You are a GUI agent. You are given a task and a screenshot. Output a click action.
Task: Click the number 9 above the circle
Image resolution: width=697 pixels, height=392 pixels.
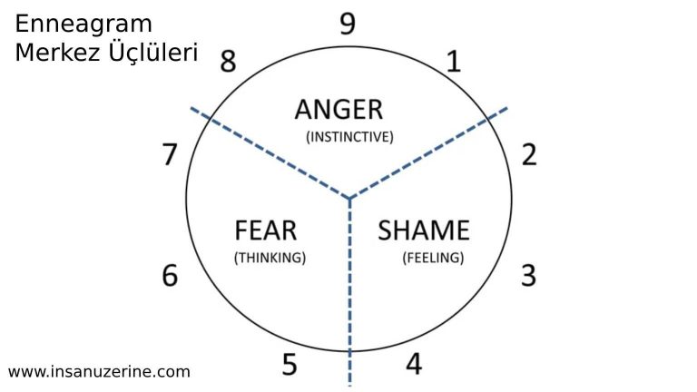pyautogui.click(x=348, y=24)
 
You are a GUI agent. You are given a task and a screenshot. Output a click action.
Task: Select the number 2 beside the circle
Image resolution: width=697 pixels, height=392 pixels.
pyautogui.click(x=529, y=154)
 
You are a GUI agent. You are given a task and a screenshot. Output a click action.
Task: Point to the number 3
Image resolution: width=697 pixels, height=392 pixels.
pyautogui.click(x=528, y=275)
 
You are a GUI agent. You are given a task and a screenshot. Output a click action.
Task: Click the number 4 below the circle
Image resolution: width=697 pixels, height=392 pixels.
pyautogui.click(x=414, y=364)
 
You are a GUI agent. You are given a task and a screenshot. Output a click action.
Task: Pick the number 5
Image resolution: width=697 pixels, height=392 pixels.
pyautogui.click(x=289, y=365)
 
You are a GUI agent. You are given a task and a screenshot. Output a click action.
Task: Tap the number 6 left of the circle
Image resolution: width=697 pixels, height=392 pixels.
pyautogui.click(x=170, y=275)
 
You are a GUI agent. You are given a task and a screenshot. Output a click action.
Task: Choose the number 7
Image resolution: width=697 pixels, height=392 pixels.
pyautogui.click(x=170, y=155)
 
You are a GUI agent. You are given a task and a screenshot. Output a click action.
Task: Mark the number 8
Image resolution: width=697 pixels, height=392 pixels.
pyautogui.click(x=228, y=62)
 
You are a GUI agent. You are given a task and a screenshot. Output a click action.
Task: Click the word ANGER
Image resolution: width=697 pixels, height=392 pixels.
pyautogui.click(x=339, y=110)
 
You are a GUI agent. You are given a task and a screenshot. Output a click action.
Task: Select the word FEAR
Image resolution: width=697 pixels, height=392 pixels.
pyautogui.click(x=266, y=230)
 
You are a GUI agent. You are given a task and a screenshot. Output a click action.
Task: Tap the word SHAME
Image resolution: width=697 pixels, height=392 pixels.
pyautogui.click(x=424, y=230)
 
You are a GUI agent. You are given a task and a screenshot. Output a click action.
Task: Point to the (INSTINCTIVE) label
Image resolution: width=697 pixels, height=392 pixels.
pyautogui.click(x=348, y=137)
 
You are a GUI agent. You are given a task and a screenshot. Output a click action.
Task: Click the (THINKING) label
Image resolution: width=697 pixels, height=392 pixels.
pyautogui.click(x=270, y=257)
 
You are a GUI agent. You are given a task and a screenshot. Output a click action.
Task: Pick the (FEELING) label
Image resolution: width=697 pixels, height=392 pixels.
pyautogui.click(x=433, y=257)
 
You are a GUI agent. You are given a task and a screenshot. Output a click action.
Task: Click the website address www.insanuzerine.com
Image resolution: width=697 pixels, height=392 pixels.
pyautogui.click(x=99, y=371)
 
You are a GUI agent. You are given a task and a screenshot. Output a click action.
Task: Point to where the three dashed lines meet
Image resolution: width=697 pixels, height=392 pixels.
pyautogui.click(x=349, y=199)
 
